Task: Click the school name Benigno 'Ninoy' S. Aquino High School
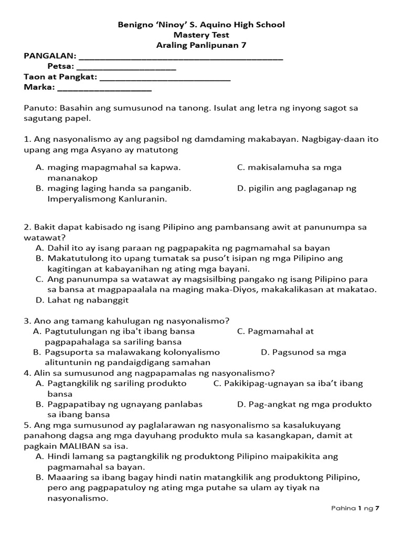tap(201, 25)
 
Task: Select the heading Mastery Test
tap(201, 35)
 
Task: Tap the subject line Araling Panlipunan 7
tap(201, 45)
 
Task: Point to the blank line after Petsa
tap(126, 68)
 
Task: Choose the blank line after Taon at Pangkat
tap(165, 78)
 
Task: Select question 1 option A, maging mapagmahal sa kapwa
tap(114, 168)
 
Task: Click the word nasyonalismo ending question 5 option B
tap(78, 498)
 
